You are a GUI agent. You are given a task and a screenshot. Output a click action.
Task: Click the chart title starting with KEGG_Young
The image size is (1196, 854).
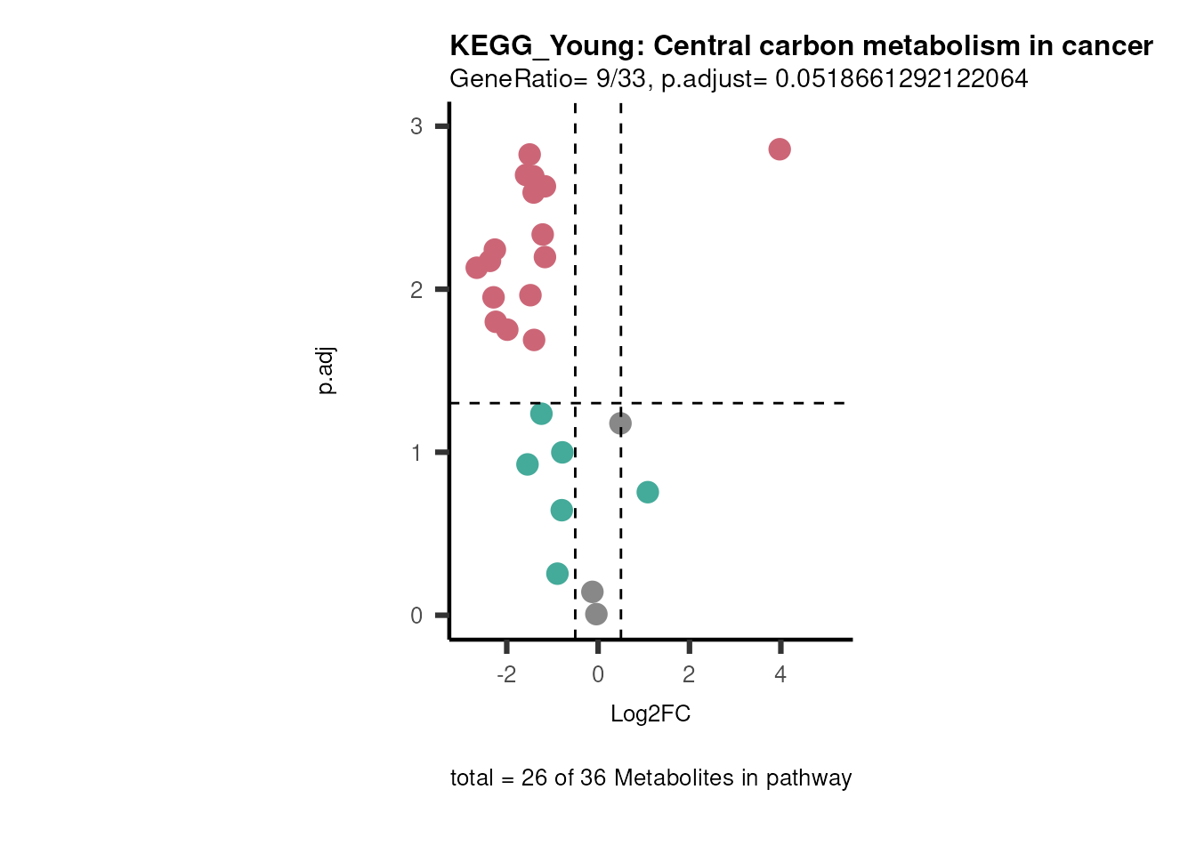coord(801,45)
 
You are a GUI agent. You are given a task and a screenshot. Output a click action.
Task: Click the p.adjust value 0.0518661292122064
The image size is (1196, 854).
coord(901,79)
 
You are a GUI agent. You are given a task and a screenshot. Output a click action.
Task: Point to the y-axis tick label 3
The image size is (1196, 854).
coord(416,126)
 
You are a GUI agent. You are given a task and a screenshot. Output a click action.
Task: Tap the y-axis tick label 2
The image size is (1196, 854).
coord(416,290)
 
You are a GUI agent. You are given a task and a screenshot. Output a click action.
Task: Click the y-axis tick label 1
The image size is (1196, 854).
coord(416,453)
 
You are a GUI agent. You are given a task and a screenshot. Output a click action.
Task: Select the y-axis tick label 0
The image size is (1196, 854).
coord(416,616)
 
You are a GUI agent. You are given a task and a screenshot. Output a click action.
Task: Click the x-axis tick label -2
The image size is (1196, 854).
coord(505,675)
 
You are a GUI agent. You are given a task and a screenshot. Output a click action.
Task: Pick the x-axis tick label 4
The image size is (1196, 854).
coord(780,675)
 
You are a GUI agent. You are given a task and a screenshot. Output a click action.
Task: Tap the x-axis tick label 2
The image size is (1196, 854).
coord(689,675)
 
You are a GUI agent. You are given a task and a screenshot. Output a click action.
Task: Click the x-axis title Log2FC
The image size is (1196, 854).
coord(651,714)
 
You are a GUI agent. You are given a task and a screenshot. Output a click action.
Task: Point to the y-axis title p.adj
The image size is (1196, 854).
coord(327,371)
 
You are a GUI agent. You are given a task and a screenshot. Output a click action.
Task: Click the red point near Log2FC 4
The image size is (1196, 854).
coord(780,149)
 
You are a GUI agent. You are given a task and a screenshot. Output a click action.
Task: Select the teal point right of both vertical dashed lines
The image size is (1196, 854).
coord(648,492)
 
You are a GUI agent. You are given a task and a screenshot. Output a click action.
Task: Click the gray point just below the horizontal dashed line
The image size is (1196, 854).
coord(620,423)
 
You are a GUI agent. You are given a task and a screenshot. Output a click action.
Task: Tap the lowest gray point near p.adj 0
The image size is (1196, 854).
coord(596,614)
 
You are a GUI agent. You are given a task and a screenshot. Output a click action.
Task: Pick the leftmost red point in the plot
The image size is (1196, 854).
coord(477,268)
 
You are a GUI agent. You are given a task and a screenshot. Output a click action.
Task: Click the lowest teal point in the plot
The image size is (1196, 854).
coord(557,574)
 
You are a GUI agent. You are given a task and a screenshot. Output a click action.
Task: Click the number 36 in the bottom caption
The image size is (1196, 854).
coord(593,778)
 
